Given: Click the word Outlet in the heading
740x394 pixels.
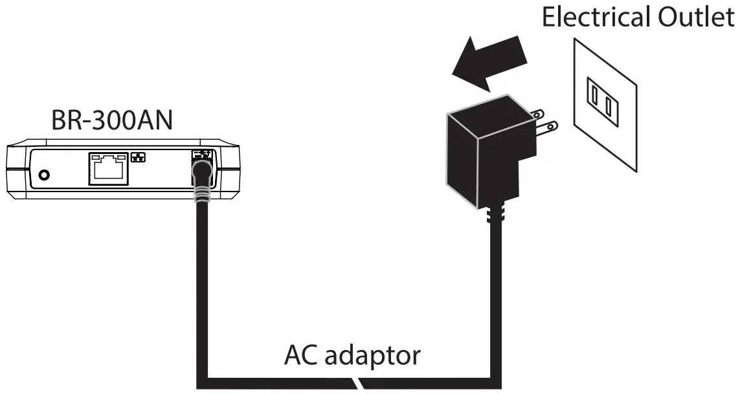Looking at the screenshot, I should (x=694, y=17).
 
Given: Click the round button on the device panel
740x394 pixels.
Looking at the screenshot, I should (x=45, y=175).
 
